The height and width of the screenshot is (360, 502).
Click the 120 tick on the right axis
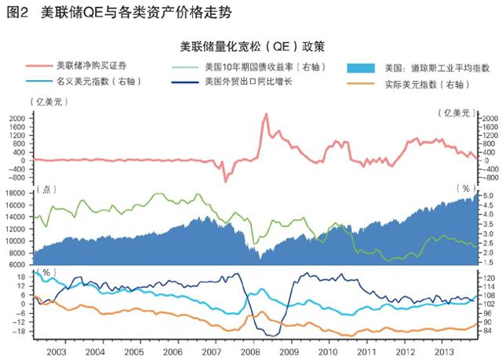point(488,278)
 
